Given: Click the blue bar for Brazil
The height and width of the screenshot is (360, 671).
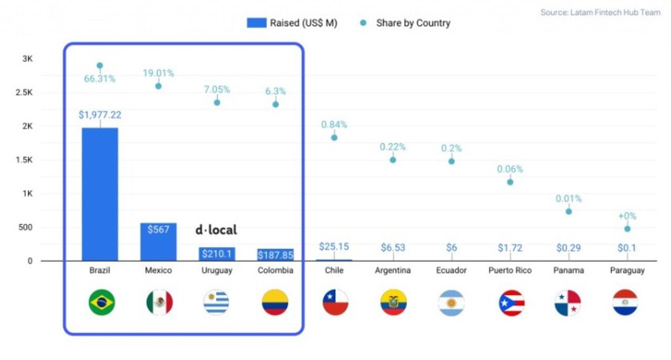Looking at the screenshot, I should pyautogui.click(x=100, y=194).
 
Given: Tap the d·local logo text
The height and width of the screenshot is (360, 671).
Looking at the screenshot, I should pyautogui.click(x=216, y=230).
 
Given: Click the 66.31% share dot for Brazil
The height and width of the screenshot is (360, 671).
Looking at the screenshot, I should pyautogui.click(x=100, y=66).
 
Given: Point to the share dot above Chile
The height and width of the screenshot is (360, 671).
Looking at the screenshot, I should pyautogui.click(x=334, y=138).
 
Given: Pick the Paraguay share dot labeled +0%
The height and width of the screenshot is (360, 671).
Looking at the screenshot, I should pyautogui.click(x=627, y=229).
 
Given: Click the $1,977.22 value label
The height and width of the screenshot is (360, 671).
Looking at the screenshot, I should pyautogui.click(x=100, y=114).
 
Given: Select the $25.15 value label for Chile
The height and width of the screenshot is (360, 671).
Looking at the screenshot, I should pyautogui.click(x=334, y=246).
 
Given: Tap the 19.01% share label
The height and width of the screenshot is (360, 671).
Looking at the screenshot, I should pyautogui.click(x=158, y=73).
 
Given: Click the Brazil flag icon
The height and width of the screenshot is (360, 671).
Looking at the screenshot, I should pyautogui.click(x=102, y=302).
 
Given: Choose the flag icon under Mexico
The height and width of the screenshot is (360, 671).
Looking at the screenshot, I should pyautogui.click(x=159, y=302).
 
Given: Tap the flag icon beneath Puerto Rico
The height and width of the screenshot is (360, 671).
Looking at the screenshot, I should pyautogui.click(x=512, y=302).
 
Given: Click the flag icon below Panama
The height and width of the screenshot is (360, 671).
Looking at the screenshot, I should pyautogui.click(x=568, y=302).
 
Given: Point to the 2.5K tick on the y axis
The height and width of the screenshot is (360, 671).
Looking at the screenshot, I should pyautogui.click(x=25, y=93).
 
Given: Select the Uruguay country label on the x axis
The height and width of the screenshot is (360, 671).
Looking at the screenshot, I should pyautogui.click(x=217, y=270).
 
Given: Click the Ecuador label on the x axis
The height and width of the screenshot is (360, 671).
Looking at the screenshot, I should pyautogui.click(x=451, y=270).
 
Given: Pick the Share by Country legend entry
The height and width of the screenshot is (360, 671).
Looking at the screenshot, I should pyautogui.click(x=406, y=23).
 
